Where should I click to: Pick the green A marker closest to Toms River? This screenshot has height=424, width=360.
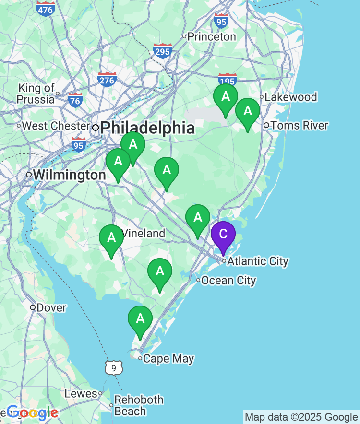pos(248,112)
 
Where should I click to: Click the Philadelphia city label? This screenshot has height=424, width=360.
pos(148,128)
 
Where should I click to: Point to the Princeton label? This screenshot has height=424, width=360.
pos(211,36)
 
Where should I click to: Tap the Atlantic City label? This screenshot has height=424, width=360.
pos(258,261)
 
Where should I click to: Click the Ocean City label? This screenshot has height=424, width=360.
pos(228,281)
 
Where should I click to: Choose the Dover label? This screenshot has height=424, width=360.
pos(51,307)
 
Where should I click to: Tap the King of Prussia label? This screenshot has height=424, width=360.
pos(36,94)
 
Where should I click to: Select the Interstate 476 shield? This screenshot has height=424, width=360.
pos(46,8)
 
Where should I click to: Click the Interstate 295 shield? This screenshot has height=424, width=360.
pos(163,51)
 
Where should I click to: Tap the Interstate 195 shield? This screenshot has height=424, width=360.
pos(227,80)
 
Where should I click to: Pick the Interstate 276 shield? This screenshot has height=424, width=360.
pos(107,79)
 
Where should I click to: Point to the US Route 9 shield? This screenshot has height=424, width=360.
pos(113,368)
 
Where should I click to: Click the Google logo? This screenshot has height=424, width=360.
pos(32,412)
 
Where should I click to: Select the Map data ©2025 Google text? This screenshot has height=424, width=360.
pos(301,417)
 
